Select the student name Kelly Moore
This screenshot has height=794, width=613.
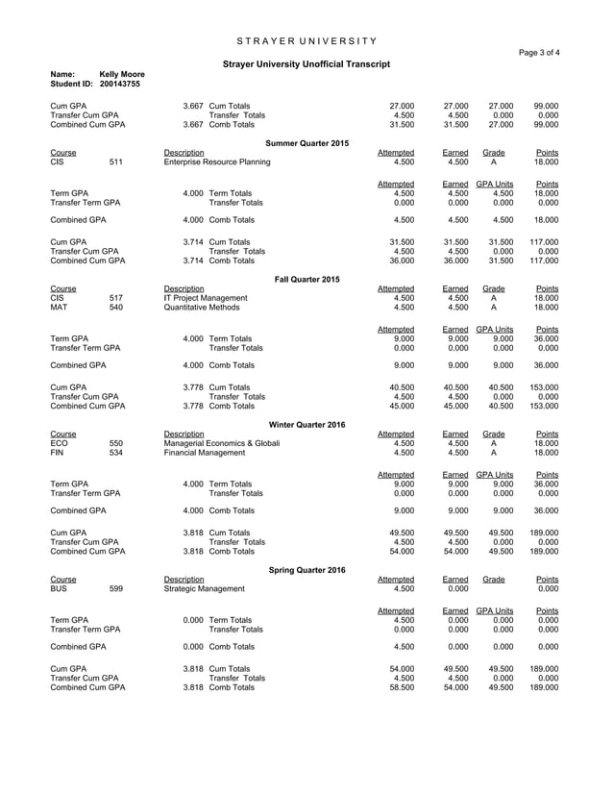122,74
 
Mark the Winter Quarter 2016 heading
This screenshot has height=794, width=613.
306,424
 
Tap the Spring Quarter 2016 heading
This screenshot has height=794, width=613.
306,570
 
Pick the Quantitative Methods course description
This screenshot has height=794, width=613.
206,308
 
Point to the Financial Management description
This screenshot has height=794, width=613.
208,453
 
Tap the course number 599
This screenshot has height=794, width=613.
116,589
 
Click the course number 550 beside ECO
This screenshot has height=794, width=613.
116,443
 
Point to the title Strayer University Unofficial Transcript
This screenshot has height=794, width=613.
306,63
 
